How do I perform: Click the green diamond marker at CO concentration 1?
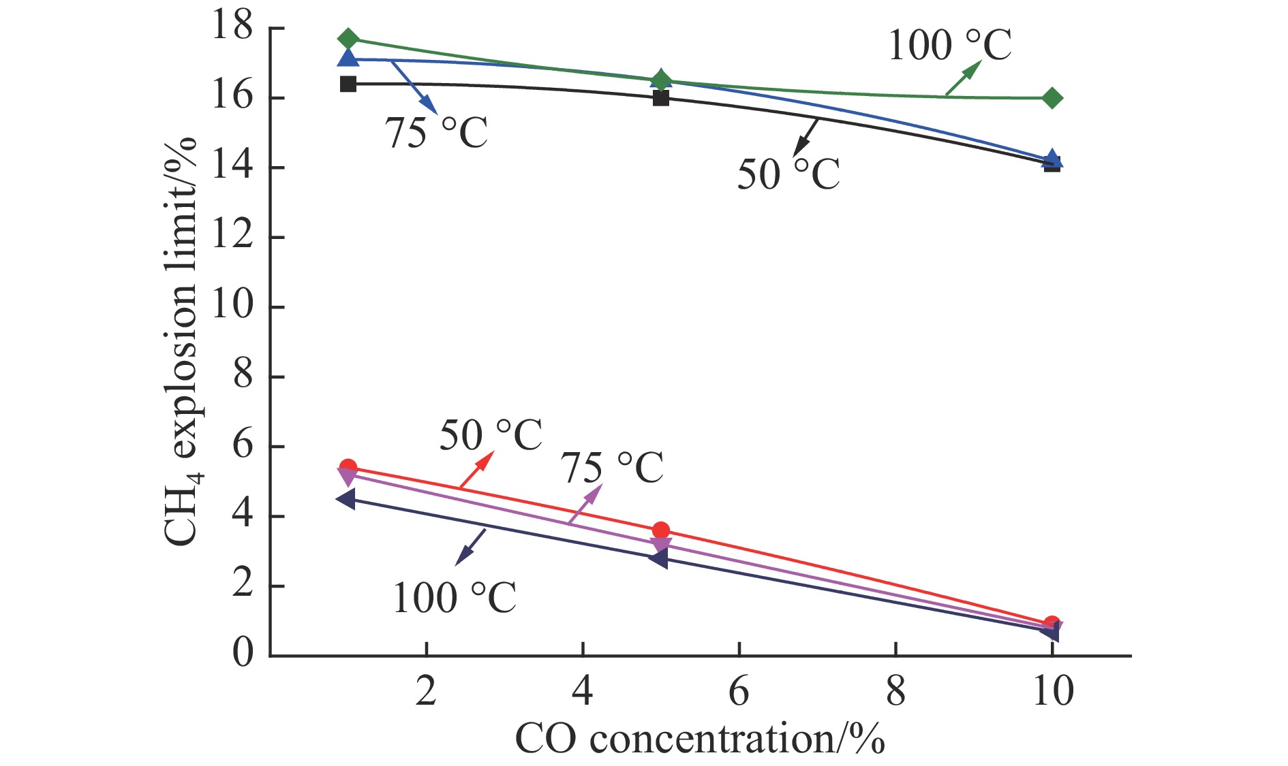(x=348, y=39)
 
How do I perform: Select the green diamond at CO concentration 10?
(x=1052, y=98)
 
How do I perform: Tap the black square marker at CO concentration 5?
(x=660, y=98)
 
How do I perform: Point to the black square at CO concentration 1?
(x=348, y=84)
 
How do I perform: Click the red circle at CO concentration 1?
(x=348, y=468)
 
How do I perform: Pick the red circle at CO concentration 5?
(x=660, y=530)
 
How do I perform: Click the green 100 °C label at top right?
(x=949, y=46)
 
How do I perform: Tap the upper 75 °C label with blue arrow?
(x=437, y=132)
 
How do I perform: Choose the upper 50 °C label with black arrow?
(x=788, y=174)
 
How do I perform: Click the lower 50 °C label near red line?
(x=491, y=435)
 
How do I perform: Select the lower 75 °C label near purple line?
(x=612, y=468)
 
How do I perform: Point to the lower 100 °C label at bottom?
(x=455, y=598)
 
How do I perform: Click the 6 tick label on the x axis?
(x=739, y=692)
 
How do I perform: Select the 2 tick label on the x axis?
(x=426, y=692)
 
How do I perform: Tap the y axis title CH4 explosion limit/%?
(x=181, y=340)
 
